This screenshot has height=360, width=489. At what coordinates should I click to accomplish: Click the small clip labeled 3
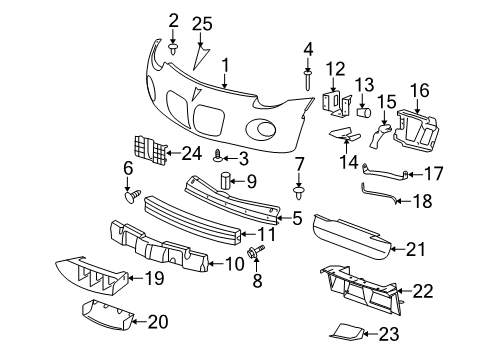(x=218, y=156)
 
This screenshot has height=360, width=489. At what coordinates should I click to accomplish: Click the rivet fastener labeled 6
(x=128, y=197)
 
